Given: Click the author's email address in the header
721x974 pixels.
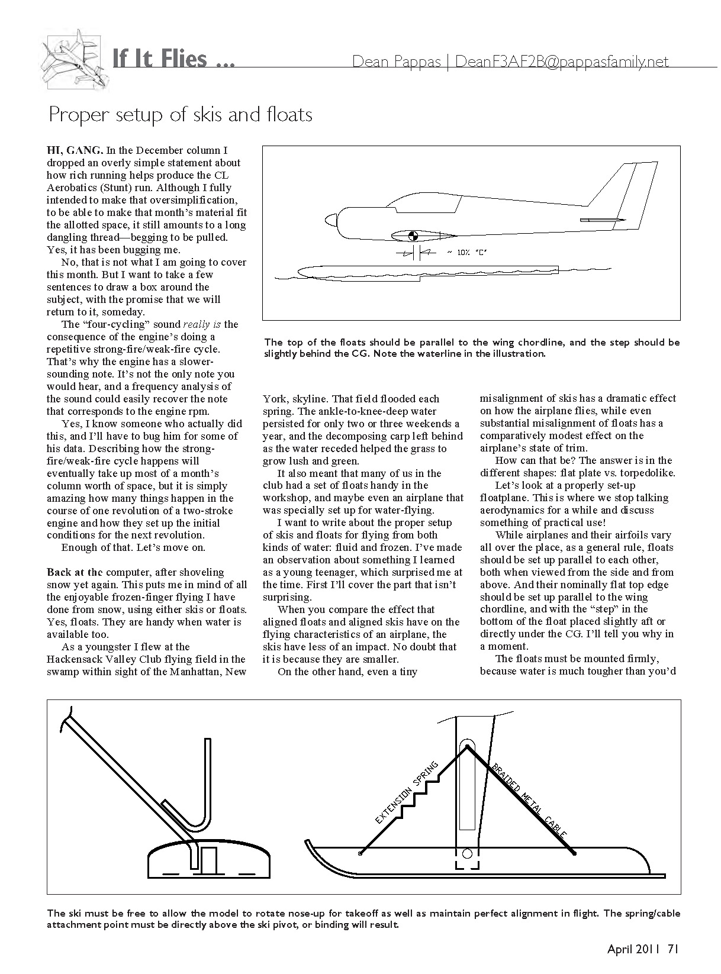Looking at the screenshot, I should coord(562,62).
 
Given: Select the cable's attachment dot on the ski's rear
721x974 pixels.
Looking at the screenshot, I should coord(574,853).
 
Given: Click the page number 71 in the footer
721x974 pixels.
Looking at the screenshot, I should coord(672,949).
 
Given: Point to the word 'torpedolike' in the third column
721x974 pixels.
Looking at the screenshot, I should coord(647,473).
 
